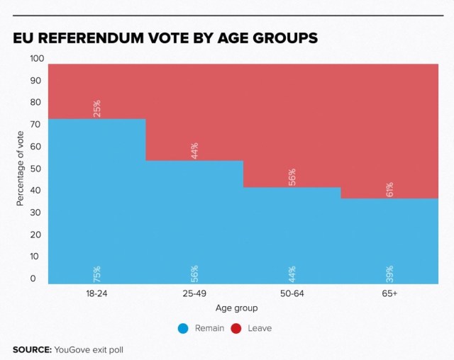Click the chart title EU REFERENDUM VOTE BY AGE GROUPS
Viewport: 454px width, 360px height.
point(165,37)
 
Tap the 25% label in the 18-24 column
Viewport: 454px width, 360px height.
point(97,108)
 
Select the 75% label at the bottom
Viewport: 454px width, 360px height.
point(97,274)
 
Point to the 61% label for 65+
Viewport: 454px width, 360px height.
point(389,189)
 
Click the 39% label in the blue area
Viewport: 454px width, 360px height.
point(389,274)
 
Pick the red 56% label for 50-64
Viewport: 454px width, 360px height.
point(292,176)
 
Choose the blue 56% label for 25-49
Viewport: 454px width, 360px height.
point(194,274)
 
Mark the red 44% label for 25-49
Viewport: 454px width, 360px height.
point(194,151)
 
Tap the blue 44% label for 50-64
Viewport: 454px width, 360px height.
point(292,274)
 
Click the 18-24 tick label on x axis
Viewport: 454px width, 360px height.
point(97,293)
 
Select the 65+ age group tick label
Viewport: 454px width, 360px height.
point(389,293)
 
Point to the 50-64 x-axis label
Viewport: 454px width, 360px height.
point(292,293)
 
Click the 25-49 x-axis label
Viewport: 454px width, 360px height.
point(194,293)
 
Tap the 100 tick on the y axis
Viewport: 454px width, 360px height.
point(37,58)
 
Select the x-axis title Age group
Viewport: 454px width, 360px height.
point(236,308)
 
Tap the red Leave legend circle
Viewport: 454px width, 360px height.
point(236,328)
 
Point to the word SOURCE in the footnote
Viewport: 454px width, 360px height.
point(32,349)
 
